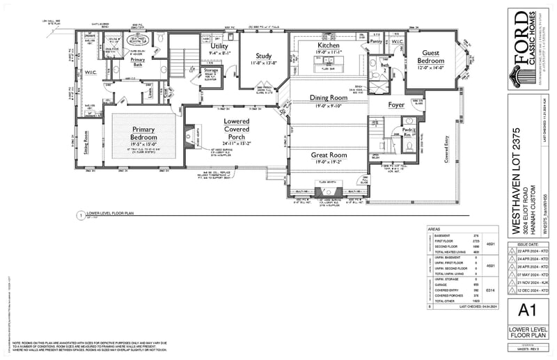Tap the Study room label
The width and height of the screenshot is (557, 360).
tap(263, 56)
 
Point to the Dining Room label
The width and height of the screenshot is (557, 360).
tap(328, 98)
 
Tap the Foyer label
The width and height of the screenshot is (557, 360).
tap(396, 105)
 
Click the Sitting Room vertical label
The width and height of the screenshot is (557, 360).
tap(86, 145)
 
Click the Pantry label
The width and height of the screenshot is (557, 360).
tap(376, 42)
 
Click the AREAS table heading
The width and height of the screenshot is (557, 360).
tap(433, 228)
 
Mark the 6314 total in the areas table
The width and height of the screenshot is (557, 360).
tap(492, 289)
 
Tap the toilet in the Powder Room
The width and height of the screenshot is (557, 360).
tap(409, 146)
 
